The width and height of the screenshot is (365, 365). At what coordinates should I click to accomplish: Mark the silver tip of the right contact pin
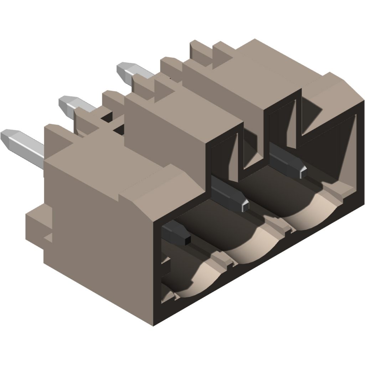point(302,172)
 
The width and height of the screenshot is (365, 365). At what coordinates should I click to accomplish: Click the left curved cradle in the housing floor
point(194,282)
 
